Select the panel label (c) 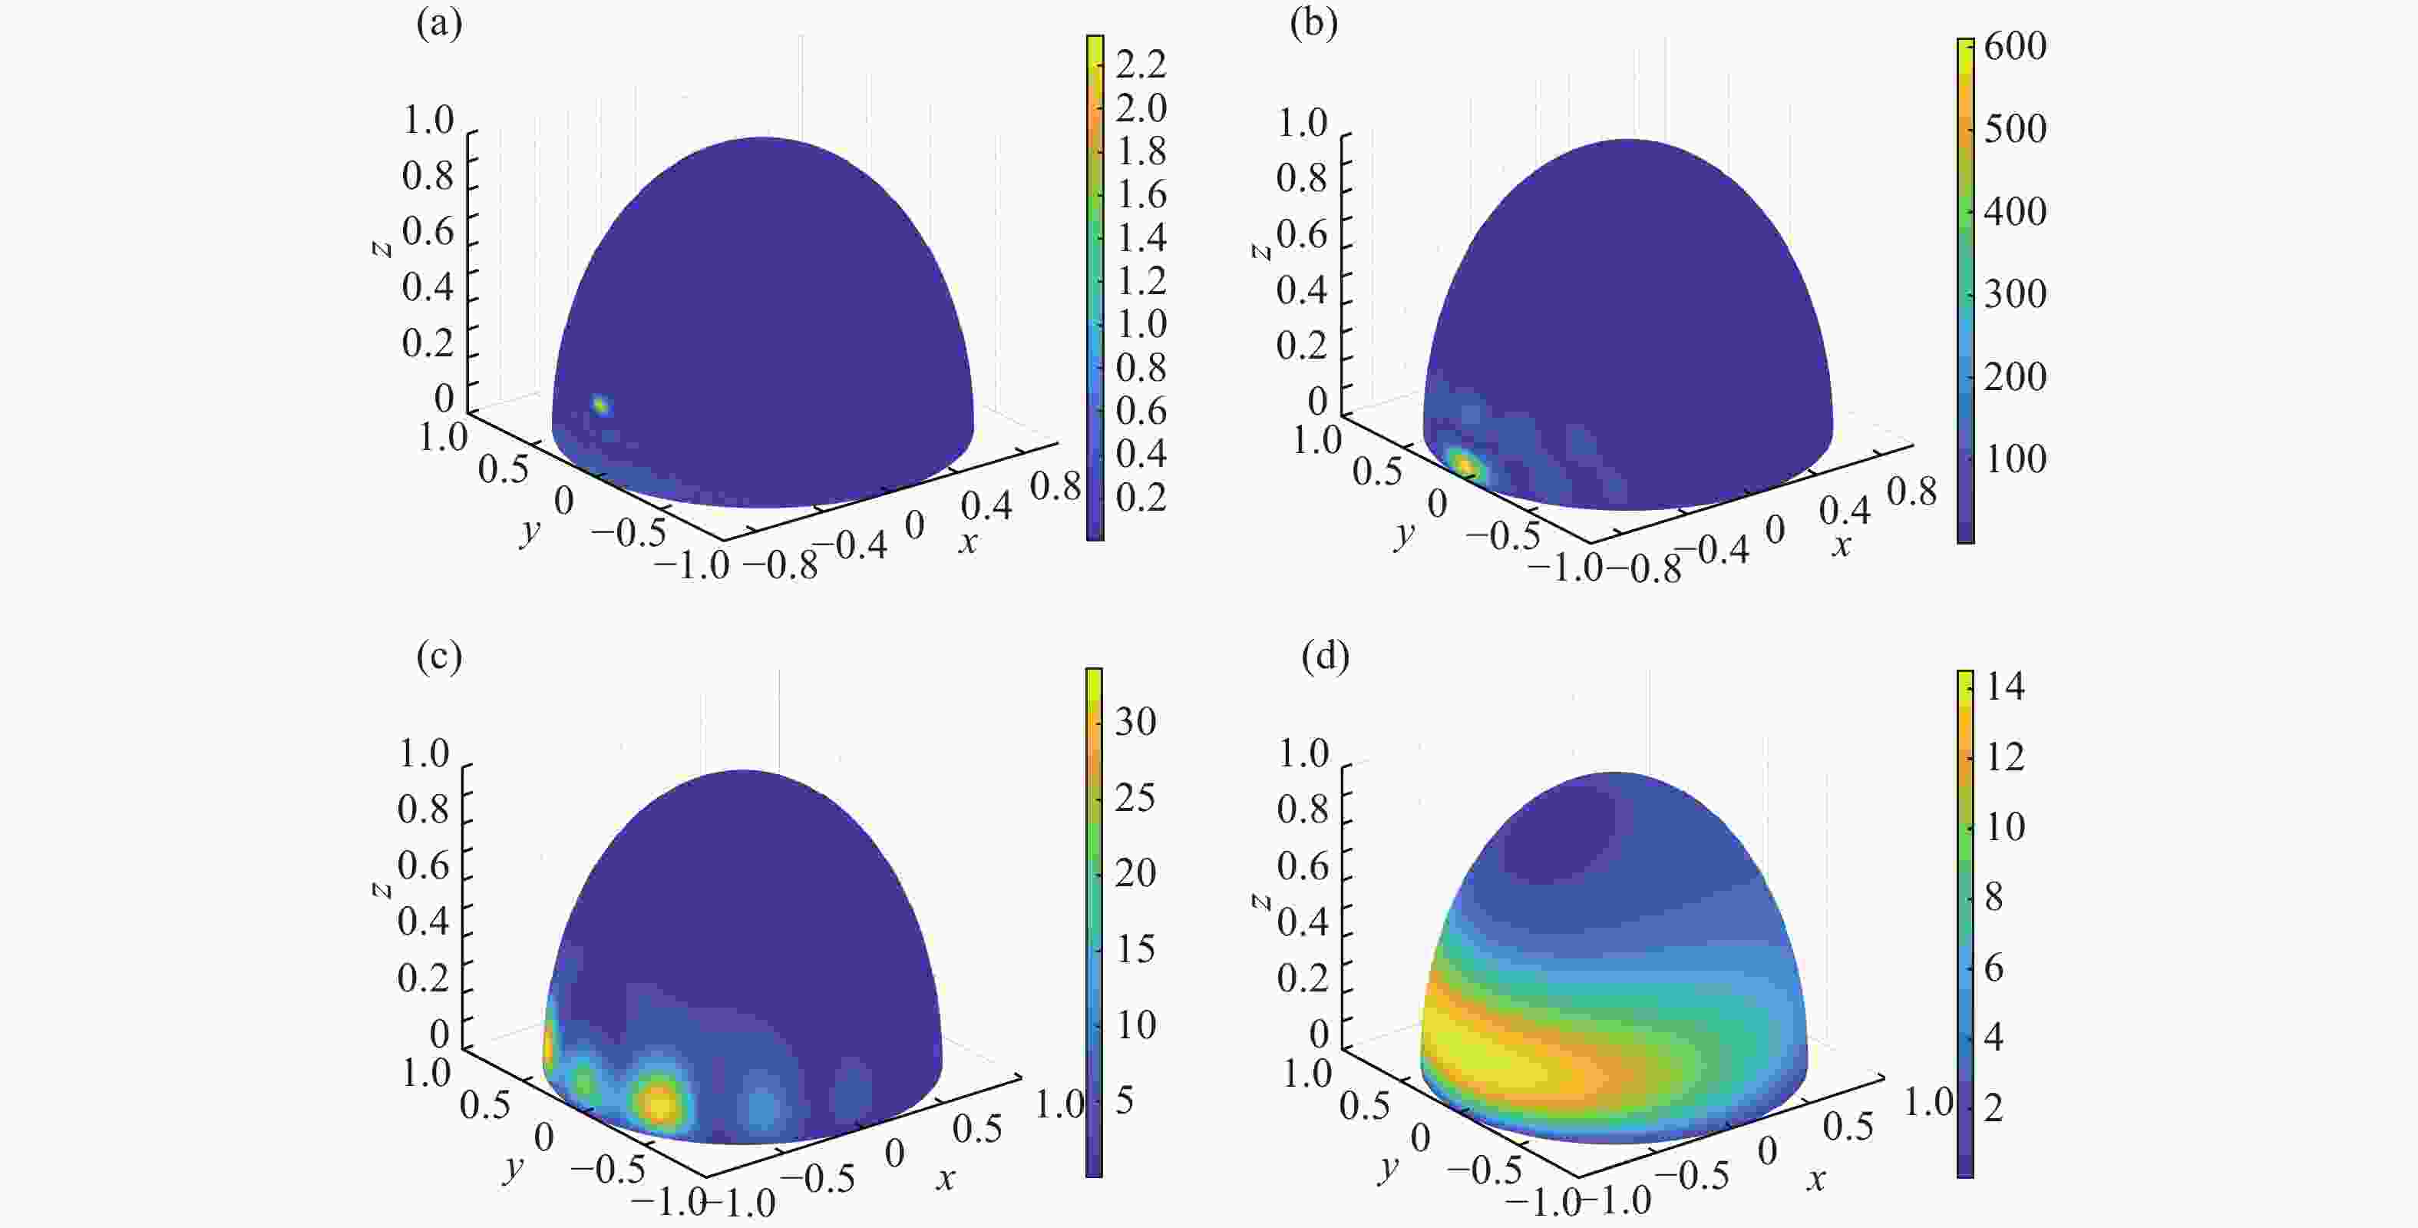pyautogui.click(x=439, y=657)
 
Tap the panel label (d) pyautogui.click(x=1324, y=657)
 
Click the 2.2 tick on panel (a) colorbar pyautogui.click(x=1141, y=64)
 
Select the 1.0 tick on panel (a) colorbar pyautogui.click(x=1141, y=324)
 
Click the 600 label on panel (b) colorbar pyautogui.click(x=2014, y=46)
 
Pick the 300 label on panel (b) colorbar pyautogui.click(x=2014, y=294)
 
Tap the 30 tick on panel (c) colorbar pyautogui.click(x=1135, y=721)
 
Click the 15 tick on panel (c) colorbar pyautogui.click(x=1135, y=948)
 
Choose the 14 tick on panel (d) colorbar pyautogui.click(x=2005, y=687)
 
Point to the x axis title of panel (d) pyautogui.click(x=1816, y=1178)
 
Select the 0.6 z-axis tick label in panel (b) pyautogui.click(x=1301, y=233)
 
